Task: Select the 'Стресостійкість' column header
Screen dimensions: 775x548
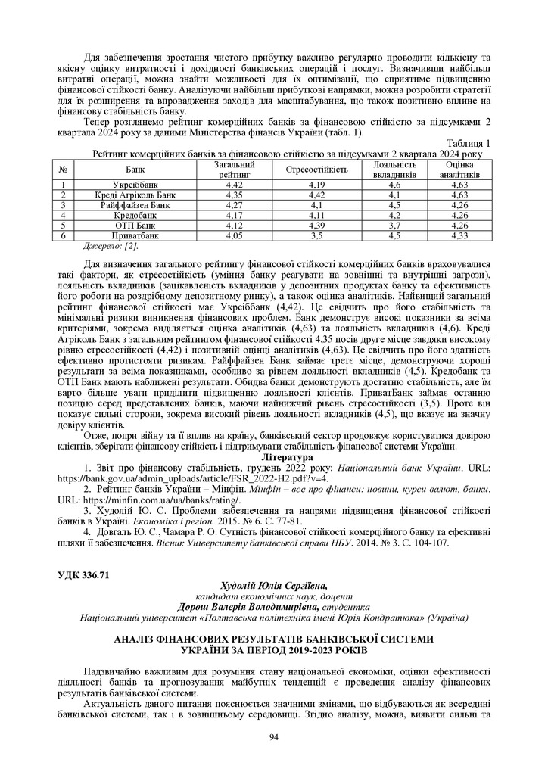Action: click(316, 169)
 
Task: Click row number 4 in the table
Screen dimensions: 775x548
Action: click(65, 215)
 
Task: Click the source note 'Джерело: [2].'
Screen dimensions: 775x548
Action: click(111, 245)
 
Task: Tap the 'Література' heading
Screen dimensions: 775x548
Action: click(285, 459)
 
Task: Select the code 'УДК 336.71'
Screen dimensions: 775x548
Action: click(84, 575)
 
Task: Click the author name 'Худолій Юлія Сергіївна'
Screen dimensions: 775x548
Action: click(273, 586)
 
